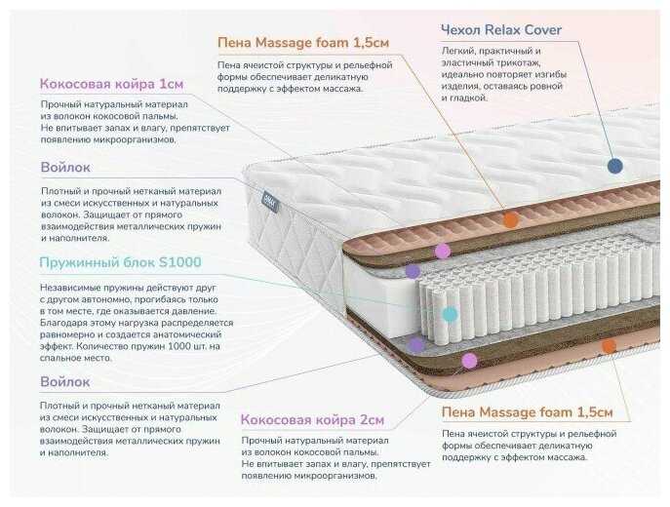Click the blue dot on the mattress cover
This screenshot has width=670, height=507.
click(x=614, y=166)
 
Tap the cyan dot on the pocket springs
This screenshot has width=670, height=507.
click(x=450, y=314)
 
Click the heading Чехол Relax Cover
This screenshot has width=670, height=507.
click(x=501, y=30)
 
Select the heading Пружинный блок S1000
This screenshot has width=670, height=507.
click(x=120, y=262)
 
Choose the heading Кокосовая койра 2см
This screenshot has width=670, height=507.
click(x=312, y=420)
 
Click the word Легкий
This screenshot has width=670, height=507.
click(x=458, y=49)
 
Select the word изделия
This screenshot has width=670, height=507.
click(x=460, y=86)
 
